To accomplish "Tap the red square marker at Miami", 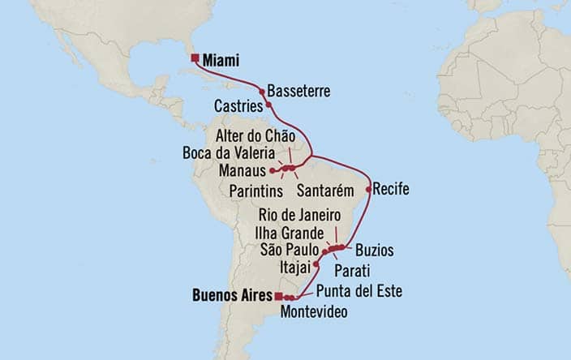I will (195, 58).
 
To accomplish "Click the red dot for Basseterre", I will (262, 92).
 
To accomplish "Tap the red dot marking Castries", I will (268, 105).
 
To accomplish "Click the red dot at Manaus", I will (273, 171).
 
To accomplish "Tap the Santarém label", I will (328, 191).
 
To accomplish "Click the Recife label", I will (392, 190).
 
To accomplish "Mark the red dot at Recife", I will (369, 190).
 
